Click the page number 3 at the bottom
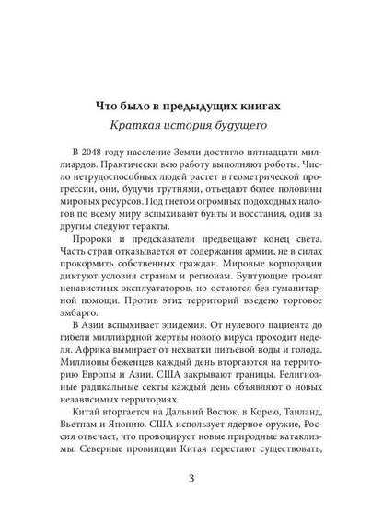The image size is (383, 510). point(191,477)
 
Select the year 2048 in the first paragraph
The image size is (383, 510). point(86,151)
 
